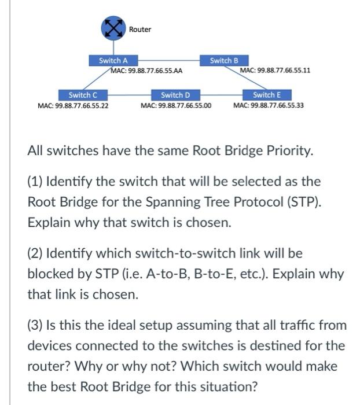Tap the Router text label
[x=139, y=30]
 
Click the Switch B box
[x=224, y=60]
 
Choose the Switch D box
[x=175, y=95]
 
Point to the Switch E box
[x=267, y=95]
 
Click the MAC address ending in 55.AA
[x=146, y=71]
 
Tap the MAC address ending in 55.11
[x=275, y=71]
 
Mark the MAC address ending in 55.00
[x=176, y=106]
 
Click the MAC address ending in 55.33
[x=268, y=106]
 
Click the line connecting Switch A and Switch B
[x=168, y=60]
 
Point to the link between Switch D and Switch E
[x=222, y=95]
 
